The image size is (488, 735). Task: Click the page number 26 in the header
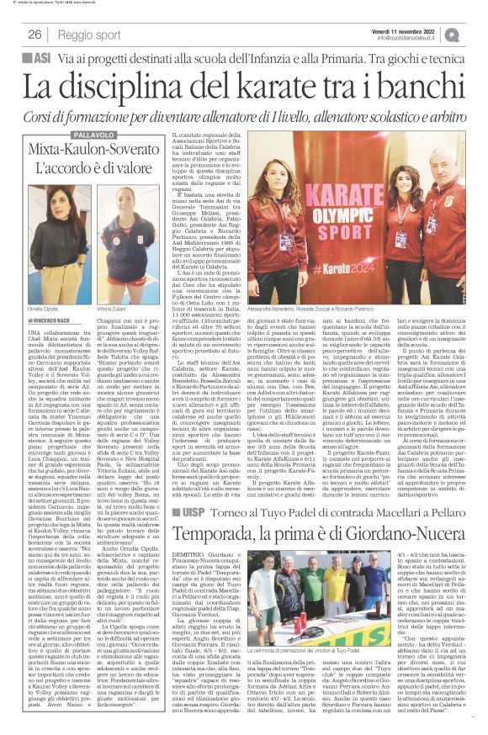pos(34,34)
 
